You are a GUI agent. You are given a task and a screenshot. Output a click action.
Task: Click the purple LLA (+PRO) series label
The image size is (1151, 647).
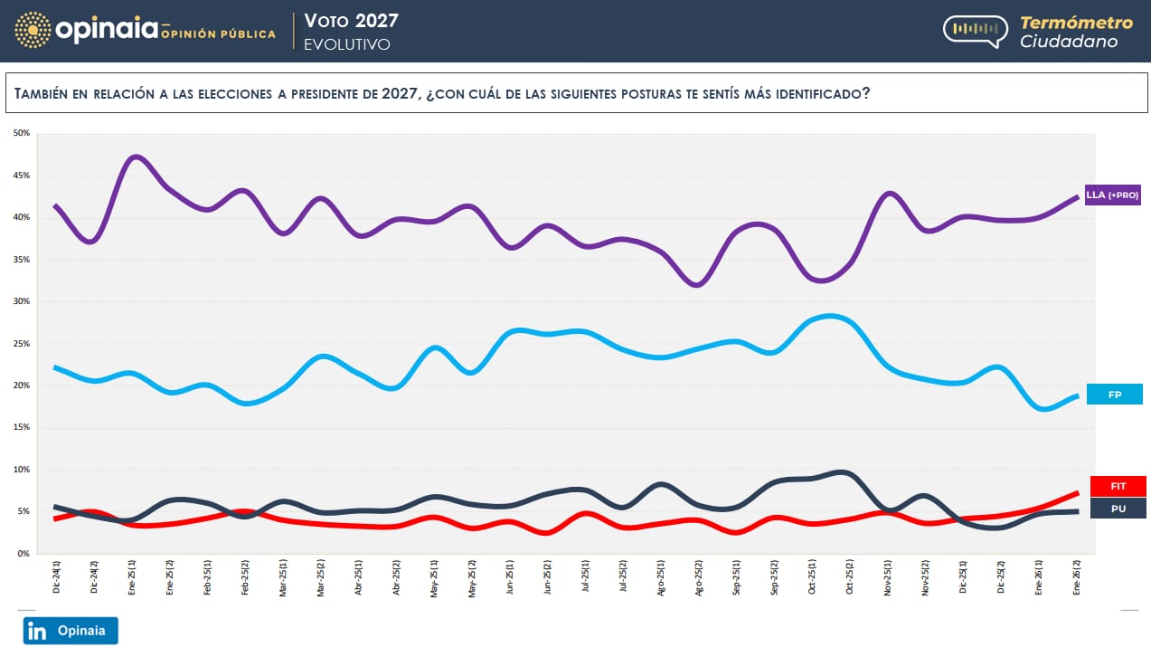[x=1112, y=195]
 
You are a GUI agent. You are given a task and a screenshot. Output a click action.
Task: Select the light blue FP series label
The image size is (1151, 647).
[x=1114, y=395]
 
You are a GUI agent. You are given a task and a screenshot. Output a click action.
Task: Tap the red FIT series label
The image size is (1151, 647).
[x=1118, y=486]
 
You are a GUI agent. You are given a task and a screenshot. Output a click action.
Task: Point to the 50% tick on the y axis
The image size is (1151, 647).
[x=21, y=134]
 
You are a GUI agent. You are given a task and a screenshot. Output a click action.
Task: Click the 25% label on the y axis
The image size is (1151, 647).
[x=21, y=344]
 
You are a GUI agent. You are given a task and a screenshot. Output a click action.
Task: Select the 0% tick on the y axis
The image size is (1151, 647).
[x=23, y=554]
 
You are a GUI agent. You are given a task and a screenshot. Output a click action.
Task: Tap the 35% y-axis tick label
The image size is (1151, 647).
[x=21, y=260]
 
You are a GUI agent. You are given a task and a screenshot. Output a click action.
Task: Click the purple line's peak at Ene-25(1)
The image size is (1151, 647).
[x=135, y=157]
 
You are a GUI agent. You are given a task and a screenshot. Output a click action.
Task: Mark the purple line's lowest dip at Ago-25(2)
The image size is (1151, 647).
[x=697, y=285]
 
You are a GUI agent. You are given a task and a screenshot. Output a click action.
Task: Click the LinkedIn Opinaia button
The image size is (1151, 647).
[x=71, y=631]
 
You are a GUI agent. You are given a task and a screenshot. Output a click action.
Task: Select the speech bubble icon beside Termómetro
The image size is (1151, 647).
[x=975, y=31]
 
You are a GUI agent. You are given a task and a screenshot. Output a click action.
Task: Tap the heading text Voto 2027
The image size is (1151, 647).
[x=351, y=21]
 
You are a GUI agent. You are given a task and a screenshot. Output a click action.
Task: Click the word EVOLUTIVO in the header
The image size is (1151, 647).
[x=347, y=44]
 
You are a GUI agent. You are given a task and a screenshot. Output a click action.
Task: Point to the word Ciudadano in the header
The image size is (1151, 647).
[x=1069, y=42]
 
